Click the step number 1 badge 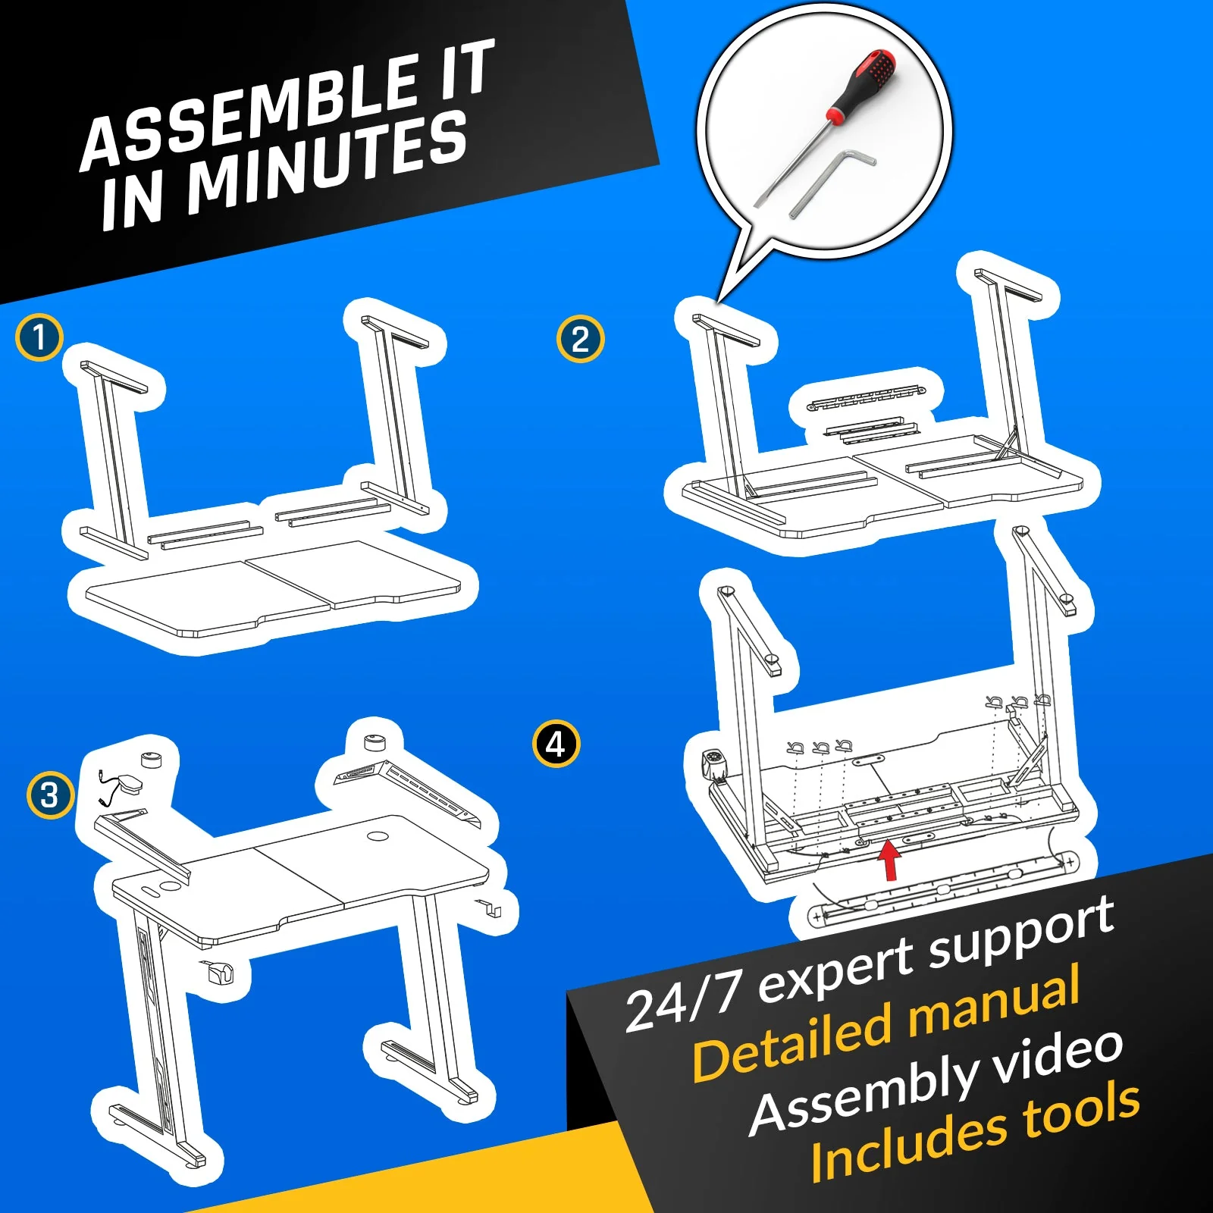pos(39,337)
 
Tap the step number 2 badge pos(580,339)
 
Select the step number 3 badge pos(50,795)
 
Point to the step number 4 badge pos(556,744)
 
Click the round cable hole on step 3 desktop pos(377,836)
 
